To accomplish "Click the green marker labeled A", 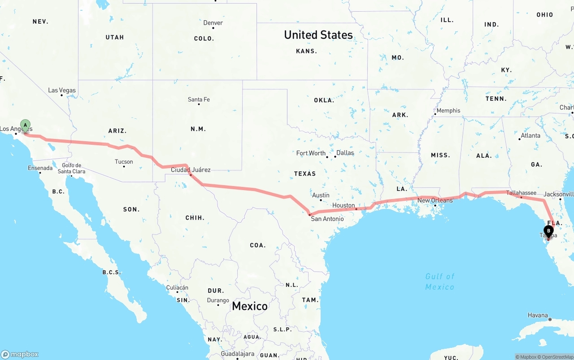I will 26,126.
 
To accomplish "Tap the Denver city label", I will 213,23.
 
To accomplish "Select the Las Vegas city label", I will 62,91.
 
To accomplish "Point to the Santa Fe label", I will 199,100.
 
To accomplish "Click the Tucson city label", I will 124,162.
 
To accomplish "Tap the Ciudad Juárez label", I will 191,170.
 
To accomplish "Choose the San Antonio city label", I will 327,219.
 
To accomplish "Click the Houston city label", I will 344,205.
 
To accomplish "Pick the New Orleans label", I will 435,200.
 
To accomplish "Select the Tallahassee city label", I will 521,193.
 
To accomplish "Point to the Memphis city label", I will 448,111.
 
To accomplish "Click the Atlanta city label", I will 531,135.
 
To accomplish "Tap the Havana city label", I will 538,316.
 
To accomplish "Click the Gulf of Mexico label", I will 439,282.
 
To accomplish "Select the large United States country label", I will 318,35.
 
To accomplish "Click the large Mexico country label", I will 250,306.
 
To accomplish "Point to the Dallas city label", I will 345,153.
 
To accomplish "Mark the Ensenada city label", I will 40,169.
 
